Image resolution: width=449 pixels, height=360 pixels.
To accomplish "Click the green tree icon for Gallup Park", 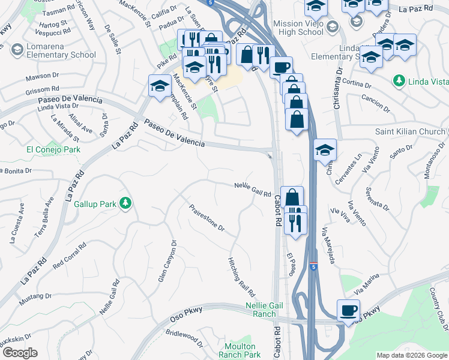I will click(x=125, y=204).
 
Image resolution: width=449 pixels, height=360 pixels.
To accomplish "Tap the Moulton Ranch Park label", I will click(x=243, y=350).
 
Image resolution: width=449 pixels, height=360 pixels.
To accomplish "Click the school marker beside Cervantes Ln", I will click(x=325, y=150).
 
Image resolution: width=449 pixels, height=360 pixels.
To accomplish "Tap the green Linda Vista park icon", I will click(x=399, y=80).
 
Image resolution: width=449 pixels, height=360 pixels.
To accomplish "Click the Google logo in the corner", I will click(x=20, y=353).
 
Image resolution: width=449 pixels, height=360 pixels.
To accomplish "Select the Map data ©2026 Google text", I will click(x=412, y=355).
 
